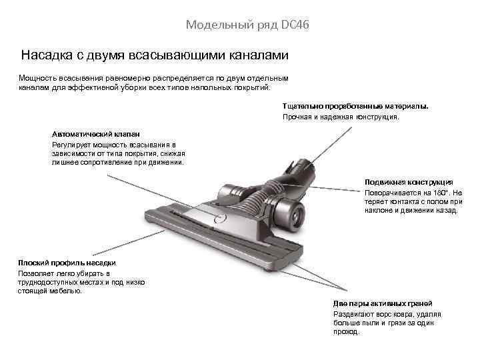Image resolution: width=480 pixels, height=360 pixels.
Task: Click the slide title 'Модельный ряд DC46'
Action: [x=248, y=25]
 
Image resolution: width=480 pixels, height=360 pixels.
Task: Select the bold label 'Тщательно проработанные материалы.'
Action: [x=356, y=106]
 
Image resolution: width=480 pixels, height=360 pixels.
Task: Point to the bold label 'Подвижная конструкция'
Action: [x=409, y=182]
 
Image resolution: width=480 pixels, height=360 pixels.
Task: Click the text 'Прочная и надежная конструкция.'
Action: [x=341, y=117]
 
